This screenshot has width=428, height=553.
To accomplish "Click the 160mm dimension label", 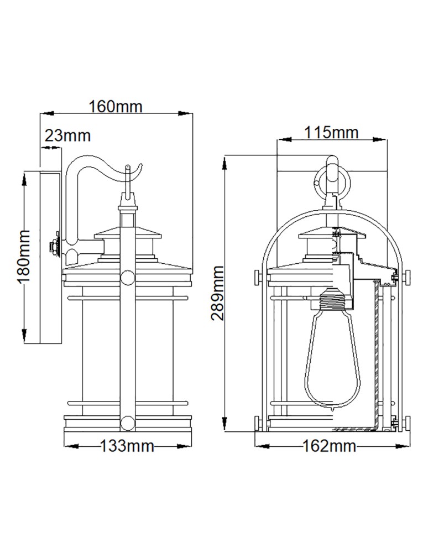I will (x=116, y=106).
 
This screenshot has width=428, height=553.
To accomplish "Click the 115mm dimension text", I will (x=331, y=132).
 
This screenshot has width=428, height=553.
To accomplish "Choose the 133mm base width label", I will (x=127, y=446).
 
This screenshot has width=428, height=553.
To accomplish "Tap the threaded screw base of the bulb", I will (x=332, y=302).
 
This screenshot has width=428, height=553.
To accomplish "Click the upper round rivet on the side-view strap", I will (x=127, y=278).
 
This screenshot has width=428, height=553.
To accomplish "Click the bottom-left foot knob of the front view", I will (x=258, y=424).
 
